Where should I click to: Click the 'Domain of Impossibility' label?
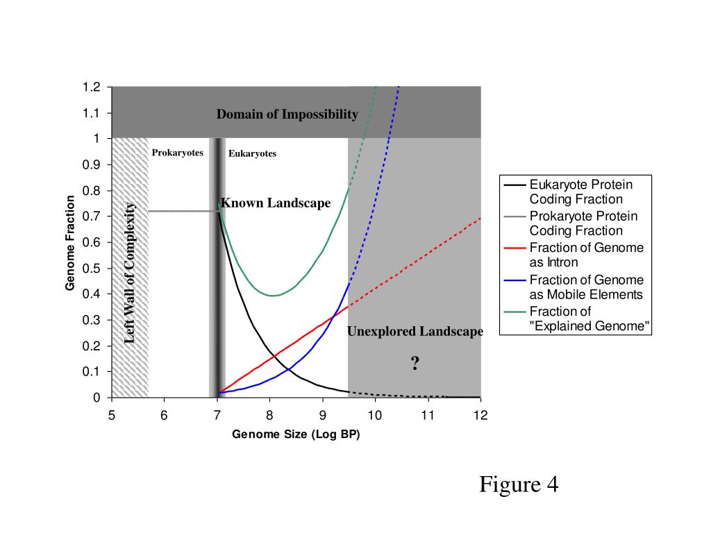(x=287, y=114)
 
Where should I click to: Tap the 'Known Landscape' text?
(x=276, y=203)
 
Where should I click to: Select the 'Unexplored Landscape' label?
(x=415, y=332)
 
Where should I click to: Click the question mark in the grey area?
(x=415, y=363)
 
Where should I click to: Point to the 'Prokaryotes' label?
(x=177, y=153)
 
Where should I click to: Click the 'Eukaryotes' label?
(x=252, y=153)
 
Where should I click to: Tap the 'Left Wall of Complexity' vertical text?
(x=131, y=272)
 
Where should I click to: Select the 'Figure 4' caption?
(x=518, y=484)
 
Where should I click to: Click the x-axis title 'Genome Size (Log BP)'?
(x=296, y=435)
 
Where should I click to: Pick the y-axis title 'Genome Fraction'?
(x=70, y=243)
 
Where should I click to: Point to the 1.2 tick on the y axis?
(x=92, y=87)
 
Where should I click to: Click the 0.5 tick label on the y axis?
(x=92, y=269)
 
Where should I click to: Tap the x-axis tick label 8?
(x=269, y=415)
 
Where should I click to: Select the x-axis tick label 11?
(x=428, y=415)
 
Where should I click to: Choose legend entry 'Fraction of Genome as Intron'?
(x=586, y=255)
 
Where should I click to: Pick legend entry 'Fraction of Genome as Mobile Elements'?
(x=586, y=287)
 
